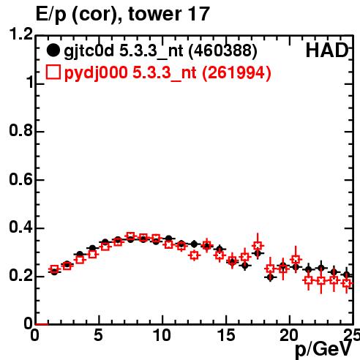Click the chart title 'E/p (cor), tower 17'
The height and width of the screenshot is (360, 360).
pyautogui.click(x=123, y=15)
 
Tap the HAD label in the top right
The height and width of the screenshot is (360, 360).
pyautogui.click(x=327, y=50)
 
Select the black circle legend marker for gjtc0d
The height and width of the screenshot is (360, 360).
pyautogui.click(x=53, y=50)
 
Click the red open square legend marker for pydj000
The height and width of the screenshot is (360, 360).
pyautogui.click(x=53, y=72)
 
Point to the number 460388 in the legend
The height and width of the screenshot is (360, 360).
pyautogui.click(x=223, y=50)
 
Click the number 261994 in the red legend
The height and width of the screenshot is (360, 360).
pyautogui.click(x=236, y=72)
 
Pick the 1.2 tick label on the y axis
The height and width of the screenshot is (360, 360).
pyautogui.click(x=21, y=34)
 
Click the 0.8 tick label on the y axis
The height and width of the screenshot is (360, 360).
pyautogui.click(x=21, y=130)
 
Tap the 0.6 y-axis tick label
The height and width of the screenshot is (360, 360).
pyautogui.click(x=21, y=179)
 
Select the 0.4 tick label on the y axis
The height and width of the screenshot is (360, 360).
pyautogui.click(x=21, y=227)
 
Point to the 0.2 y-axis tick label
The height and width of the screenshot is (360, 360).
pyautogui.click(x=21, y=275)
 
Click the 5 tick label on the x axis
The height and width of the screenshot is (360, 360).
pyautogui.click(x=98, y=335)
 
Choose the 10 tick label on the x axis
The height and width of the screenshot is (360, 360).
pyautogui.click(x=162, y=335)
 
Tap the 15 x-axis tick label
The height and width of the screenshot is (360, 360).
pyautogui.click(x=226, y=335)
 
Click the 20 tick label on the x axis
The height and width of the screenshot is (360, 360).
pyautogui.click(x=289, y=335)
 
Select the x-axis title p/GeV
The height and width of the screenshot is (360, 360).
pyautogui.click(x=323, y=349)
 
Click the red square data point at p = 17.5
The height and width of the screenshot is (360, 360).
pyautogui.click(x=258, y=246)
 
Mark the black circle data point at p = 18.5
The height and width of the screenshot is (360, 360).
pyautogui.click(x=270, y=277)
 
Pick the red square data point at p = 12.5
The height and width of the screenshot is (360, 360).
pyautogui.click(x=194, y=255)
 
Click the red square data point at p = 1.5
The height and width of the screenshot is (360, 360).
pyautogui.click(x=54, y=269)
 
